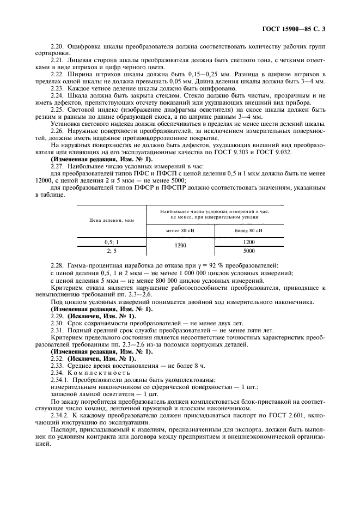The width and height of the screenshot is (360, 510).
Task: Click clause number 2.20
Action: click(57, 48)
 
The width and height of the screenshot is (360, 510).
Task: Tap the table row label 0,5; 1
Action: click(111, 241)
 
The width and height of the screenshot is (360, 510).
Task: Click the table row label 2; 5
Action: click(111, 251)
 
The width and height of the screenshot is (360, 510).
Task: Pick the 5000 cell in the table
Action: click(249, 251)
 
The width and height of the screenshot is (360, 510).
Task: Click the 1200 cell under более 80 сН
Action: click(249, 241)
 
